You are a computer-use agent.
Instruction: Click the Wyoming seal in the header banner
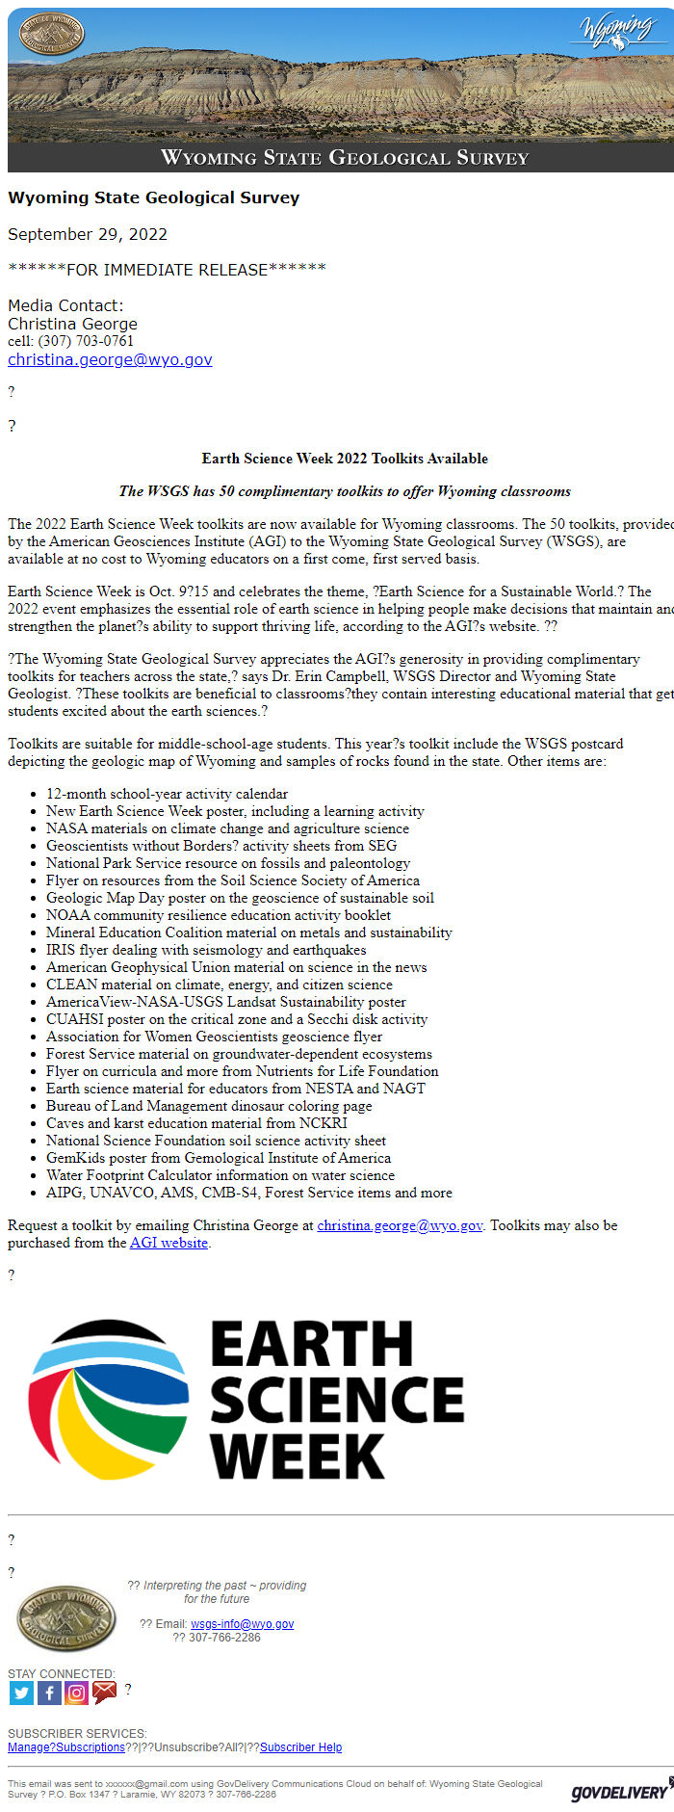pos(52,34)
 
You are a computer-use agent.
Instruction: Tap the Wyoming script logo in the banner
pos(617,31)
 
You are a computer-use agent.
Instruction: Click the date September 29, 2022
pos(88,234)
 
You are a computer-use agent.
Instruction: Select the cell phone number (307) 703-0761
pos(86,341)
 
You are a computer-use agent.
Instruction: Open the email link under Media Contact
pos(110,359)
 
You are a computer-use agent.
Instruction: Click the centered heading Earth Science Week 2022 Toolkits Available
pos(345,459)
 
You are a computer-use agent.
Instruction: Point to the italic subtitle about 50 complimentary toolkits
pos(345,491)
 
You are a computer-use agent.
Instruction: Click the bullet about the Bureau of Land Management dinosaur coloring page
pos(208,1106)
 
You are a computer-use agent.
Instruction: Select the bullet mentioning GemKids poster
pos(218,1158)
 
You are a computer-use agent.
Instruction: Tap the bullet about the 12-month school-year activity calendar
pos(167,794)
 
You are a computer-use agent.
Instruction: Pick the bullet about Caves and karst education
pos(196,1123)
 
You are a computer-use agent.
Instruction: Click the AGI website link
pos(168,1243)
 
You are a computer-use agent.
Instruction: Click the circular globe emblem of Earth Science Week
pos(108,1399)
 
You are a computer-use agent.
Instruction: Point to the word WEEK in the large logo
pos(298,1456)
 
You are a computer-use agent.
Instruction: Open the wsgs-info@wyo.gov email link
pos(242,1623)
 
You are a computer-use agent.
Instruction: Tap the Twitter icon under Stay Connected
pos(21,1693)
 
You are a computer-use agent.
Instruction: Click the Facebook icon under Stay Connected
pos(49,1693)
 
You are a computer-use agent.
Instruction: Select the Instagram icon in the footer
pos(77,1693)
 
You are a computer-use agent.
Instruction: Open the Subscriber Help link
pos(300,1747)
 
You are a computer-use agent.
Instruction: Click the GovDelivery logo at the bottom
pos(620,1791)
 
